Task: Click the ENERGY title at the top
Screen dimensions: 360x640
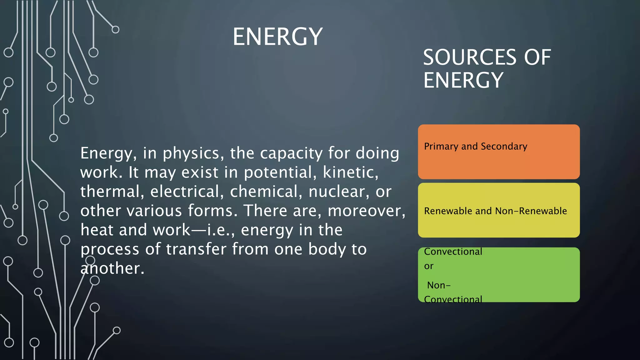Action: [277, 37]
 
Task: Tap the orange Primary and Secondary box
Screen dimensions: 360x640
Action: [499, 162]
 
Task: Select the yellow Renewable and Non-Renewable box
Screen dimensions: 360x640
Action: [499, 225]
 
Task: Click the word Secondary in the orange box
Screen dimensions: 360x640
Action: [504, 146]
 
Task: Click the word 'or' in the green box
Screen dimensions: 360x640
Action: [429, 266]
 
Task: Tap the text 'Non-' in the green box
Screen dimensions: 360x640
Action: [439, 285]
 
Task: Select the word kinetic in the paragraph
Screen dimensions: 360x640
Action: [350, 172]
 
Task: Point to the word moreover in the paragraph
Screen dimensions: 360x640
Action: [366, 211]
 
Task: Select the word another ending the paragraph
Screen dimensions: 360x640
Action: [112, 268]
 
